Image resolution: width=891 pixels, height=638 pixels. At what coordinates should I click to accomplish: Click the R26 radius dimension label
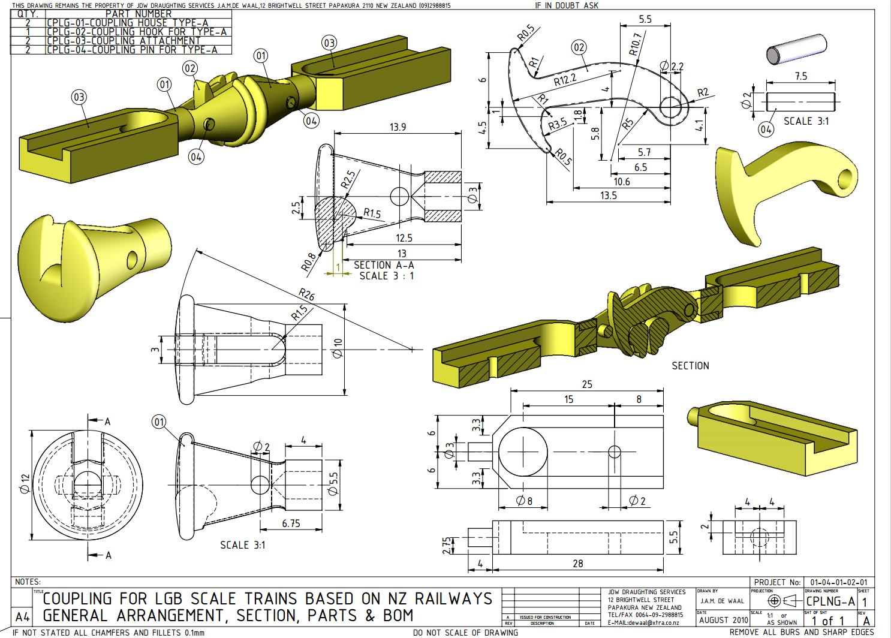pos(306,294)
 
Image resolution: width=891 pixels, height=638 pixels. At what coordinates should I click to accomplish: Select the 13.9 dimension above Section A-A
pos(398,127)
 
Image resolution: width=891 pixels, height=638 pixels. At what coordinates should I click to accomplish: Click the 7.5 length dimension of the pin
pos(801,76)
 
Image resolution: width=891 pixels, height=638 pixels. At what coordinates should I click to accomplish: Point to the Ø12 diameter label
pos(25,483)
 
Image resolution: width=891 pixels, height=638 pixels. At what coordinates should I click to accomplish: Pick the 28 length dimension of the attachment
pos(577,564)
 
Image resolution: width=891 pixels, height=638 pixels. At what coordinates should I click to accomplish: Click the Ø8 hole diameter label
pos(524,501)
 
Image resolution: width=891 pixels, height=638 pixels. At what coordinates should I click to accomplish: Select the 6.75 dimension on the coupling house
pos(291,523)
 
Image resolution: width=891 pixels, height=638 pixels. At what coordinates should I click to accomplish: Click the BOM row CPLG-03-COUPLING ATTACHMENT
pos(124,41)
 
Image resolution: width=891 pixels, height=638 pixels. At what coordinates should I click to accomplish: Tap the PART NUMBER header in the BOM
pos(139,14)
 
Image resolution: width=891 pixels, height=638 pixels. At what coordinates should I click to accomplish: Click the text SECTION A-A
pos(384,265)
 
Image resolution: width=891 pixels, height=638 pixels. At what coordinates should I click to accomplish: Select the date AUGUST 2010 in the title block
pos(723,620)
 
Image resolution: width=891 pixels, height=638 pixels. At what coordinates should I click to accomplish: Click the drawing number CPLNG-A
pos(830,601)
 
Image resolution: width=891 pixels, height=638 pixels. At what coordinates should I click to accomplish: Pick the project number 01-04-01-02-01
pos(838,582)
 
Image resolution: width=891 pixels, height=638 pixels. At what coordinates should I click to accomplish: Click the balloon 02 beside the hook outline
pos(579,47)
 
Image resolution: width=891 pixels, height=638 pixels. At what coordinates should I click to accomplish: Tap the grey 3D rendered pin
pos(797,49)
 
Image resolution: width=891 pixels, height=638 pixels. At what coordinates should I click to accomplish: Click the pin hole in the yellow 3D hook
pos(845,179)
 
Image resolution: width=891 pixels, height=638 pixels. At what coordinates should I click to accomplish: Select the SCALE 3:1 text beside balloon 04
pos(806,121)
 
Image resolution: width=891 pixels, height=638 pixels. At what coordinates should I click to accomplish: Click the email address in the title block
pos(643,622)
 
